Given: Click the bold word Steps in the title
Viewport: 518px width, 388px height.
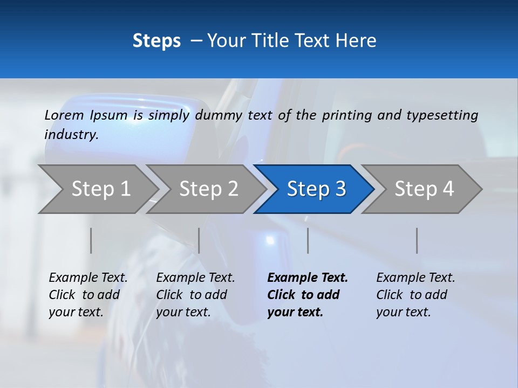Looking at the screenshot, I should pos(156,41).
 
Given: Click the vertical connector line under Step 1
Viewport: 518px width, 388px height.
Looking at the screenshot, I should pos(91,240).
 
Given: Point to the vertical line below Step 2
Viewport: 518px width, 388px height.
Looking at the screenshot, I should pos(199,240).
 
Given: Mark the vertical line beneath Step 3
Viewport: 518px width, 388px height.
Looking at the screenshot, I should pos(308,240).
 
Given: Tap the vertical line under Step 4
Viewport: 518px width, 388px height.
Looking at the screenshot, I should pos(417,240).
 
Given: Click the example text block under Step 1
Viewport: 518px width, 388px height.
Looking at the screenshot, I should pos(88,295).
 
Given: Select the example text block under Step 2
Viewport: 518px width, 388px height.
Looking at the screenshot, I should pos(195,295).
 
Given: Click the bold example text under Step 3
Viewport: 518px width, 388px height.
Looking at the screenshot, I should pos(308,295).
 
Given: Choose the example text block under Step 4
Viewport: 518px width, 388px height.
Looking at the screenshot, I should pos(415,295).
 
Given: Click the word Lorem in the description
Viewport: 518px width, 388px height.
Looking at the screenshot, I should pos(64,115).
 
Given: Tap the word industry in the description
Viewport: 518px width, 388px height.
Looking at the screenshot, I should pos(71,135).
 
